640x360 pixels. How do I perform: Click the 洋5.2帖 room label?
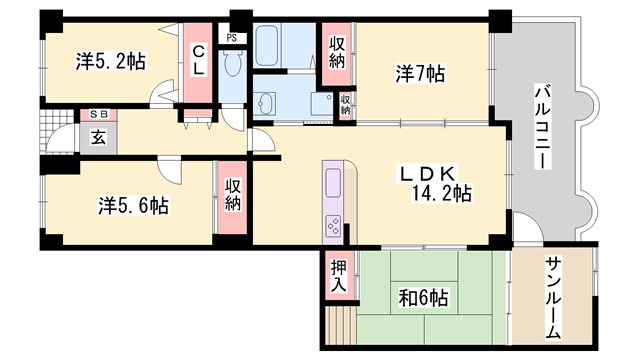(110, 62)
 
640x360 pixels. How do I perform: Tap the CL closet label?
(198, 60)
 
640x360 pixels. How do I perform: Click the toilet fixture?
(233, 64)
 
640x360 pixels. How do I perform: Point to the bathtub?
(267, 46)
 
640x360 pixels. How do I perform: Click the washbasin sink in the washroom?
(264, 104)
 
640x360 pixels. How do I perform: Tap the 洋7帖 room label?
(420, 74)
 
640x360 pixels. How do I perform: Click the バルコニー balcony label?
(543, 126)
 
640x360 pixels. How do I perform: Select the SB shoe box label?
(99, 115)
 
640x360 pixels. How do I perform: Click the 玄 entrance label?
(98, 138)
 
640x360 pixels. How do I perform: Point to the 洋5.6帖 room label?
(133, 205)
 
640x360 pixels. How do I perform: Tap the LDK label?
(427, 174)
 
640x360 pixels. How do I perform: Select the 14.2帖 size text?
(442, 193)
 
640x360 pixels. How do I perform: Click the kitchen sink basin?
(333, 183)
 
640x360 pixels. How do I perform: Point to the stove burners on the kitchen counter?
(333, 226)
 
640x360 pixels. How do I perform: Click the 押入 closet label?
(338, 276)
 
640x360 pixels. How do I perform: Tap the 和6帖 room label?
(423, 298)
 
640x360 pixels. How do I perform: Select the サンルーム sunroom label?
(553, 298)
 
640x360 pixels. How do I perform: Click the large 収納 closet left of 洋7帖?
(337, 52)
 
